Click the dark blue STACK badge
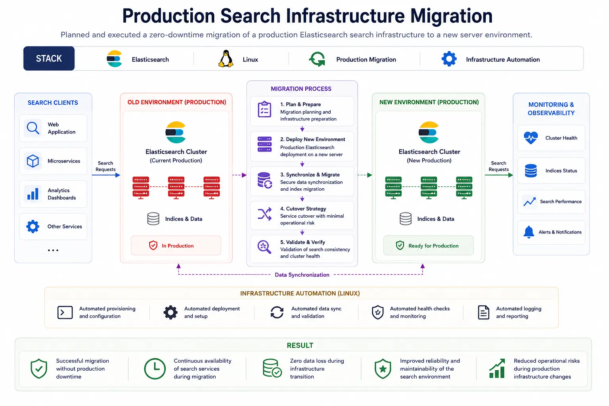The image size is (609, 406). point(49,58)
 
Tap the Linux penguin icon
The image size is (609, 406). point(226,59)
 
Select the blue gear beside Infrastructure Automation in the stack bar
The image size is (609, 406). point(449,59)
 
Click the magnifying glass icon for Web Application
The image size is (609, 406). point(33,128)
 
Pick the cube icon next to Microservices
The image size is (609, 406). point(33,161)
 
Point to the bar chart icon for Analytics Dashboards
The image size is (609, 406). point(33,194)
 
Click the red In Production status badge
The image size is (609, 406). point(176,245)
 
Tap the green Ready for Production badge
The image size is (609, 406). point(429,245)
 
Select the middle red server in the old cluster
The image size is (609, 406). point(176,188)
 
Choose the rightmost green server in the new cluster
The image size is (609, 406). point(464,188)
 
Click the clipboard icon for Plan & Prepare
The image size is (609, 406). point(264,109)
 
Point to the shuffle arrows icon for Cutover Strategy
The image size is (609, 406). point(264,214)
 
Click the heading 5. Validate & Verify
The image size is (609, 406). point(303,242)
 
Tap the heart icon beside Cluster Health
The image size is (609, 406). point(531,138)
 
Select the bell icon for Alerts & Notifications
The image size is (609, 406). point(529,232)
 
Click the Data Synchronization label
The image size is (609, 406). point(302,275)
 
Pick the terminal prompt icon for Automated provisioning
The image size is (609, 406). point(65,312)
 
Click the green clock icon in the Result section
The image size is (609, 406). point(155,369)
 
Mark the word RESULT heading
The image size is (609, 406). point(300,345)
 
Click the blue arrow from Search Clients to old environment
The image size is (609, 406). point(106,175)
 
